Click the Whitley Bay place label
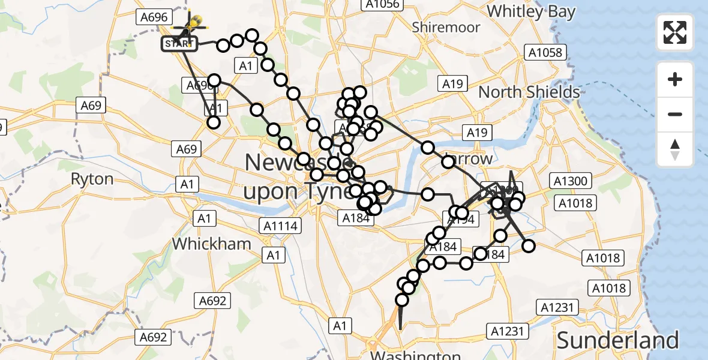[531, 11]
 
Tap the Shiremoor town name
[446, 27]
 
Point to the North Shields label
[529, 92]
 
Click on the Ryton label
[92, 179]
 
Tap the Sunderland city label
[617, 340]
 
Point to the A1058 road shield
[545, 52]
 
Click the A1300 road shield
[573, 181]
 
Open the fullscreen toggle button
[675, 32]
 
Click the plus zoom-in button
[675, 79]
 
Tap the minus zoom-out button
[675, 114]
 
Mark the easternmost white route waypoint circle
[529, 246]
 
